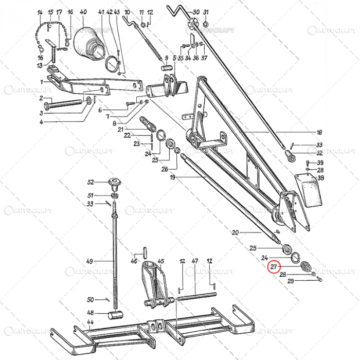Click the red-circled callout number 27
[x=274, y=266]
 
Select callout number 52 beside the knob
[x=91, y=182]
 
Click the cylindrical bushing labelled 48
[x=116, y=314]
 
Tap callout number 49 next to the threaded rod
[x=89, y=261]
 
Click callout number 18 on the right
[x=319, y=132]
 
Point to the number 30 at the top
[x=196, y=12]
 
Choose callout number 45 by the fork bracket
[x=160, y=261]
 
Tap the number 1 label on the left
[x=42, y=82]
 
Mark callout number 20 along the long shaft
[x=235, y=233]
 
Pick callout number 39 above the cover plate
[x=320, y=163]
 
